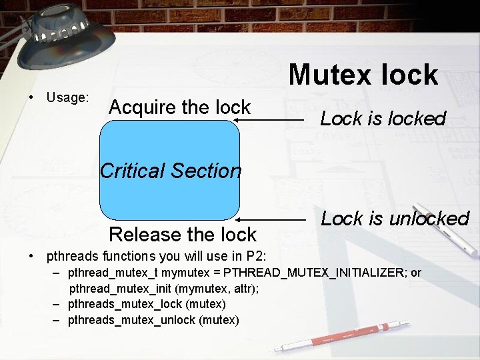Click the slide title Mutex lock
[363, 75]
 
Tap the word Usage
[67, 98]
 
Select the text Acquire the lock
[179, 107]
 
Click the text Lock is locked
[383, 119]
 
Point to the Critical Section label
[171, 171]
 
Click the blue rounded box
[169, 200]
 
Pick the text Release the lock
[182, 235]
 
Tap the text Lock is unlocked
[395, 219]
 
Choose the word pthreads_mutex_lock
[125, 304]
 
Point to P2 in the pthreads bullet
[256, 255]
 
